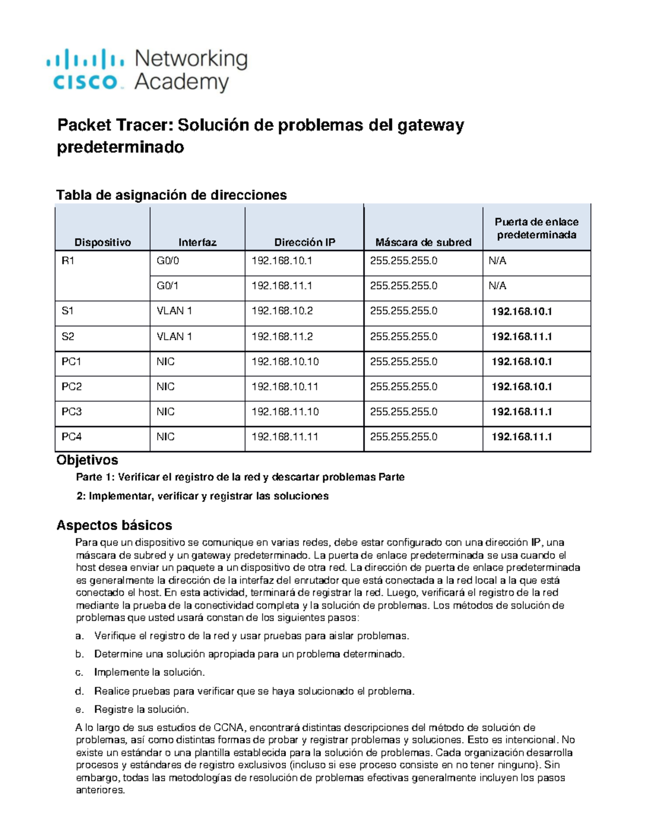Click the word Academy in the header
[181, 83]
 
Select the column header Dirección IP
[304, 242]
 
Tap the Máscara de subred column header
[423, 242]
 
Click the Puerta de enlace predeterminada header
[536, 229]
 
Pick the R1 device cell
[68, 261]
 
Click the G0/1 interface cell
[167, 286]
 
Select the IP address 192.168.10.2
[282, 311]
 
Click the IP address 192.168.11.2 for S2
[282, 337]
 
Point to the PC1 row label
[71, 362]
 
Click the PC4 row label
[71, 437]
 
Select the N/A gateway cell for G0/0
[497, 261]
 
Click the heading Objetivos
[87, 460]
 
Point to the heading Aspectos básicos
[114, 525]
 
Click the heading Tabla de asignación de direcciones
[171, 195]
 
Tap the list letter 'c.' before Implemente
[80, 673]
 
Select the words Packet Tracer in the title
[116, 125]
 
